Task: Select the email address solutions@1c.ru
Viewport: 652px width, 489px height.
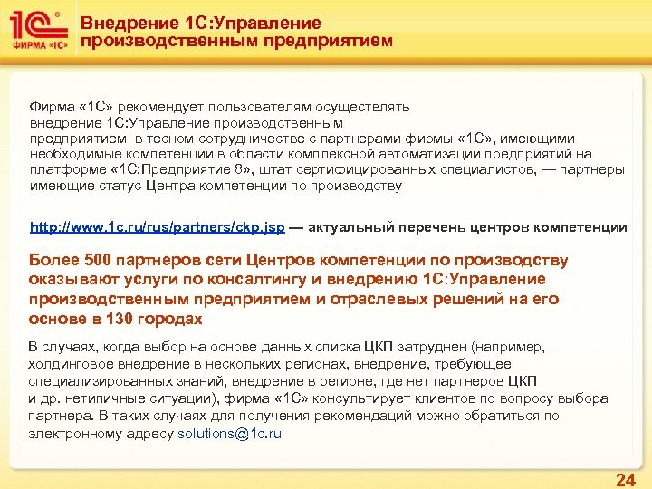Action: pos(230,434)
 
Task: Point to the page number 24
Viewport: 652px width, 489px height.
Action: pos(625,479)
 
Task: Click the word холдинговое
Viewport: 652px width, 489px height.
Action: pos(72,364)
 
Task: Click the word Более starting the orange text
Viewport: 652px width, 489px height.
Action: pos(55,261)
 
